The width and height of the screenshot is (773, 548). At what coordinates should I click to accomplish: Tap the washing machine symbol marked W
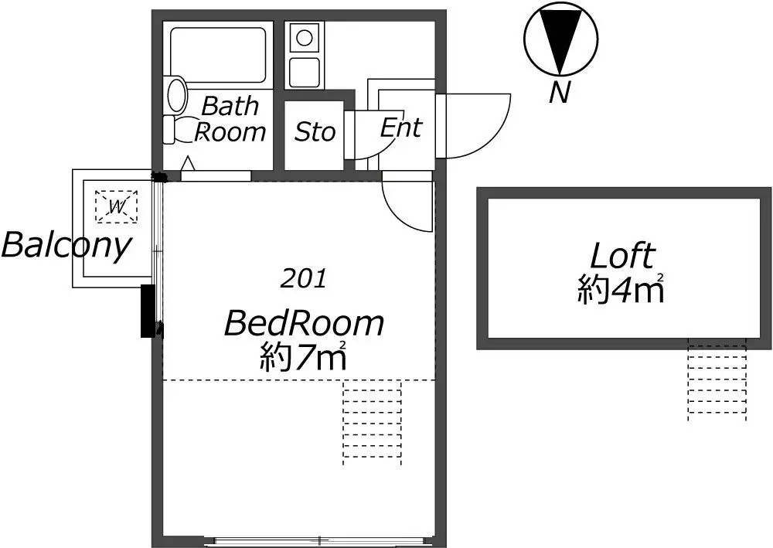117,206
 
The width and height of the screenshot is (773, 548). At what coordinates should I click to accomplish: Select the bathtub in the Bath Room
218,55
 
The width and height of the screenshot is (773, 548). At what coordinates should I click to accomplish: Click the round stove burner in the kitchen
304,37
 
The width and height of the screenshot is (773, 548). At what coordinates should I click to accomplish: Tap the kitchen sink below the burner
304,72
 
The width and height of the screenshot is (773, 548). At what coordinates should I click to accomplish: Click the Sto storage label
315,131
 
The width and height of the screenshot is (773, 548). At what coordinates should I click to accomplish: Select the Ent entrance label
400,128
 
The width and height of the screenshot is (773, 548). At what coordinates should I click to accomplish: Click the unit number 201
304,280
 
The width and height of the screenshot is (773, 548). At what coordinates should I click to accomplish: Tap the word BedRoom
304,323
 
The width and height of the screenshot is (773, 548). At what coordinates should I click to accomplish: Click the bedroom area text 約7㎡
303,356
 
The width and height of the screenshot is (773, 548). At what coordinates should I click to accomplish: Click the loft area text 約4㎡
621,288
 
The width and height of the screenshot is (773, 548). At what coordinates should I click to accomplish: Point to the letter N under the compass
560,92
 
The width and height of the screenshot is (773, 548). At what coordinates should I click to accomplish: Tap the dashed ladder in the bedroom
373,422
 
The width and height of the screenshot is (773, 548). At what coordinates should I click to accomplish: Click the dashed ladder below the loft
717,380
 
